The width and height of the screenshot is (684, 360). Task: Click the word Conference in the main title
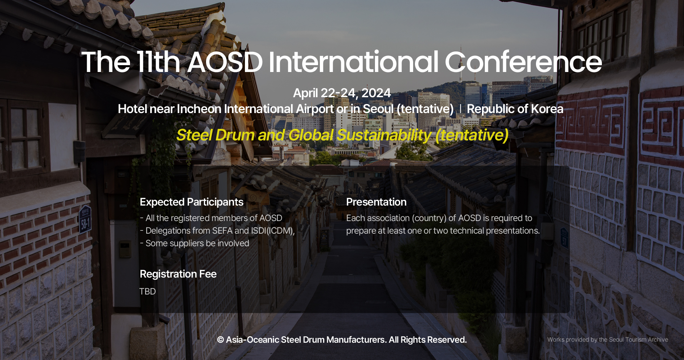pyautogui.click(x=523, y=62)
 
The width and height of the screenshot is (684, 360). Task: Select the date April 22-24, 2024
pyautogui.click(x=342, y=93)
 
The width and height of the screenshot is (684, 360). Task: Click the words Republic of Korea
pyautogui.click(x=515, y=109)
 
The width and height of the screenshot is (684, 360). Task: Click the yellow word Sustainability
pyautogui.click(x=384, y=135)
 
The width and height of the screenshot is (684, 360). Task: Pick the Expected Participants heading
pyautogui.click(x=191, y=202)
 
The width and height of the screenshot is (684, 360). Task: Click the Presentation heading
pyautogui.click(x=376, y=202)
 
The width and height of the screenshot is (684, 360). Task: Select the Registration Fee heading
pyautogui.click(x=178, y=274)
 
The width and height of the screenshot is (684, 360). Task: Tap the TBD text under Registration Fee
pyautogui.click(x=147, y=291)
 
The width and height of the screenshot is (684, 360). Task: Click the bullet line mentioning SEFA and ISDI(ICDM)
pyautogui.click(x=217, y=230)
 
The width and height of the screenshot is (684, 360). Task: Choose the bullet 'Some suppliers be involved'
pyautogui.click(x=195, y=243)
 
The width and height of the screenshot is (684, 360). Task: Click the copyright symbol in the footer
pyautogui.click(x=220, y=340)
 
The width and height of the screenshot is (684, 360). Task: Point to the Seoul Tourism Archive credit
pyautogui.click(x=607, y=339)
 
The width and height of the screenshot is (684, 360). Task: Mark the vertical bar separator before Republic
pyautogui.click(x=460, y=109)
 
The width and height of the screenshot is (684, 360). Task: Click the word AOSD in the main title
pyautogui.click(x=225, y=62)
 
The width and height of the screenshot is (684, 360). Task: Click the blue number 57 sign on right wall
pyautogui.click(x=564, y=239)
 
